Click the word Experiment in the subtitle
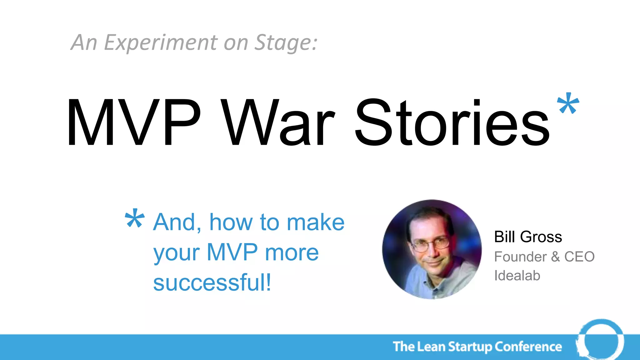pyautogui.click(x=160, y=42)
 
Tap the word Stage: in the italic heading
pyautogui.click(x=286, y=42)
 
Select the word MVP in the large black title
pyautogui.click(x=133, y=122)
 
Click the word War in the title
pyautogui.click(x=278, y=122)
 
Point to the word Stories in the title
pyautogui.click(x=452, y=122)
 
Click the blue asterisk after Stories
pyautogui.click(x=568, y=104)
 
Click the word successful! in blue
pyautogui.click(x=212, y=282)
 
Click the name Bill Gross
pyautogui.click(x=528, y=237)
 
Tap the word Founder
pyautogui.click(x=520, y=257)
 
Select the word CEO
pyautogui.click(x=579, y=257)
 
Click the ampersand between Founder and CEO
pyautogui.click(x=555, y=257)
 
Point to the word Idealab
pyautogui.click(x=517, y=276)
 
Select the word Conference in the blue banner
pyautogui.click(x=528, y=347)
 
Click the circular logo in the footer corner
pyautogui.click(x=600, y=340)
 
